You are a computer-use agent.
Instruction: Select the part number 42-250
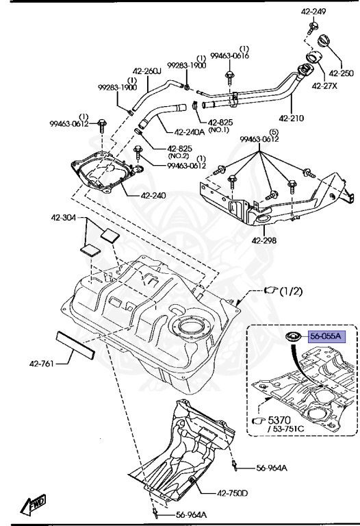341,73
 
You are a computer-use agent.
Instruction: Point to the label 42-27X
324,86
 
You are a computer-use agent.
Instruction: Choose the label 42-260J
146,71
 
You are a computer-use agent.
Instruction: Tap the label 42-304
63,218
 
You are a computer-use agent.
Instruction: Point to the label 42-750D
233,493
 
